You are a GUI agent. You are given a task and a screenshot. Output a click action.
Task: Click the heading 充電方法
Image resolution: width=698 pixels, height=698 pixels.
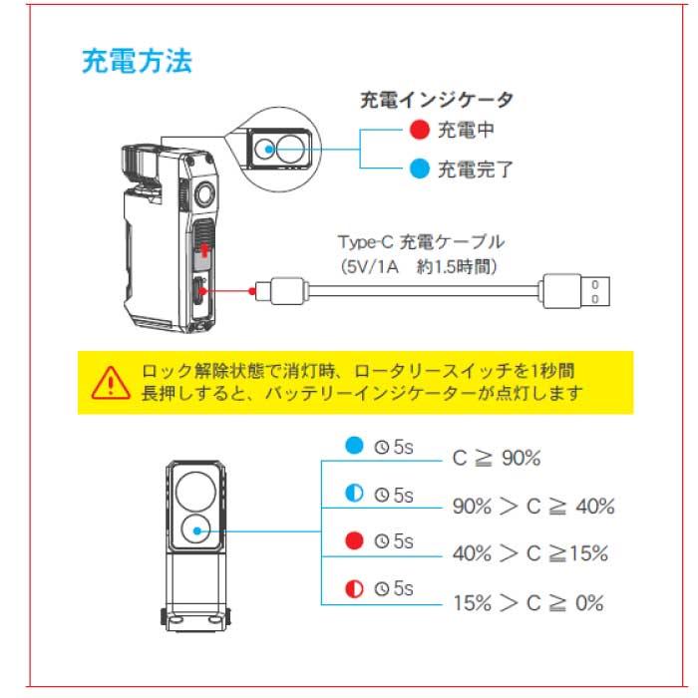tap(136, 62)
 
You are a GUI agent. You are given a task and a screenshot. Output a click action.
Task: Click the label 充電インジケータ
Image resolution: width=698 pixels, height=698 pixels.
tap(437, 100)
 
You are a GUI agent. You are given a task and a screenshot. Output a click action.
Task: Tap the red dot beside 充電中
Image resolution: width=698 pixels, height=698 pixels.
tap(419, 130)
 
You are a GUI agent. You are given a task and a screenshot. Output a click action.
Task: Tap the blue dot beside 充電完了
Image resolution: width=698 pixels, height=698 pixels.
tap(419, 168)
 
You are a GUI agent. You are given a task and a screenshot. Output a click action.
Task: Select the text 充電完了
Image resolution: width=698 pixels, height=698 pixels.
tap(476, 168)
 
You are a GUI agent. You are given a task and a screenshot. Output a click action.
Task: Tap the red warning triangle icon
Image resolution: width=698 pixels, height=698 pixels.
tap(112, 380)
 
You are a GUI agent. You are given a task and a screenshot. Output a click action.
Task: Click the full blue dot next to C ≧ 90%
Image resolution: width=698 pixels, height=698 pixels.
tap(353, 446)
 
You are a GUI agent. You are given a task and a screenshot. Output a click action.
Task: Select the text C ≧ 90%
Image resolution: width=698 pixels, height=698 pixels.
tap(497, 458)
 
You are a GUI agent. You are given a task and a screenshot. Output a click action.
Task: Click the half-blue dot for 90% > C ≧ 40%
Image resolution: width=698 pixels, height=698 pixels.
tap(353, 494)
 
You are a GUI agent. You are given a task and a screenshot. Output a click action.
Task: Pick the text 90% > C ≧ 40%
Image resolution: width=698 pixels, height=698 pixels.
tap(533, 506)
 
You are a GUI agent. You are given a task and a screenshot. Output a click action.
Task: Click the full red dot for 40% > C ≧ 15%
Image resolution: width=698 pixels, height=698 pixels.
tap(353, 541)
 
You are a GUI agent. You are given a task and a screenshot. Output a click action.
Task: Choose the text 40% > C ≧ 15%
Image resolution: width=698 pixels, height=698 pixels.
tap(529, 553)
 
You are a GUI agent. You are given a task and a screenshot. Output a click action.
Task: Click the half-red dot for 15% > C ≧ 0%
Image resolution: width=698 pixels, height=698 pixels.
tap(353, 589)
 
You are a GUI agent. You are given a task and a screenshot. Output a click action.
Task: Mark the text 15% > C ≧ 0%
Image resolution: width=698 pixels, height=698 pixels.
tap(528, 602)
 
